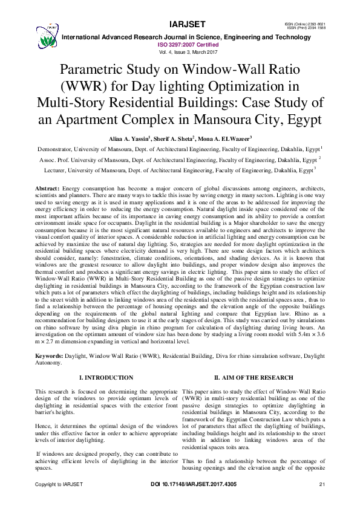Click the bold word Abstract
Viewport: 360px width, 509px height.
[47, 189]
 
